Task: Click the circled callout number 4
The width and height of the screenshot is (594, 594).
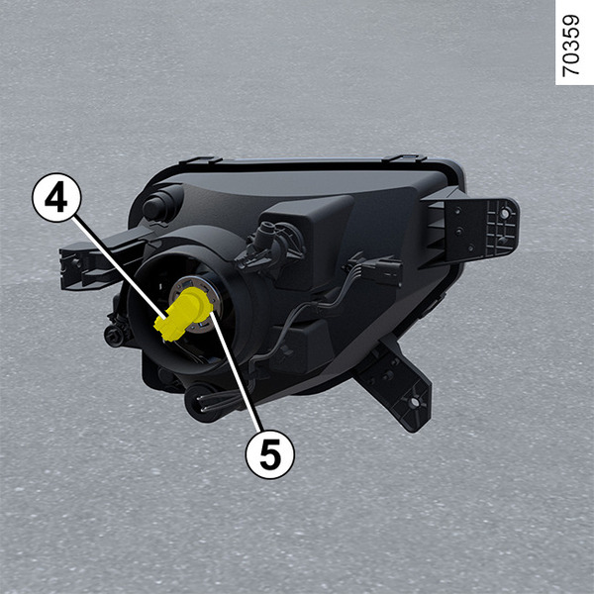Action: click(56, 197)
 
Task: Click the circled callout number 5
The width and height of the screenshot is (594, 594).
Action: click(269, 454)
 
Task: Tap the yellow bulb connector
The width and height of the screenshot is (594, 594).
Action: click(182, 313)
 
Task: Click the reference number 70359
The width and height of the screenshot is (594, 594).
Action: click(570, 46)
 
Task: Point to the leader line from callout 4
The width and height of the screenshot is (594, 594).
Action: click(121, 267)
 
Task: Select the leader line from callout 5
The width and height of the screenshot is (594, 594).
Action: click(236, 371)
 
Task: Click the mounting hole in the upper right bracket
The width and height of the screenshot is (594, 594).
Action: click(505, 213)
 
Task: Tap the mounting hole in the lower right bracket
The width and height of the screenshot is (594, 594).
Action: click(415, 402)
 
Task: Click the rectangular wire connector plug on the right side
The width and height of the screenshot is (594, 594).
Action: click(381, 269)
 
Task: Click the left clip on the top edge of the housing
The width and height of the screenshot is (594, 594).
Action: click(200, 159)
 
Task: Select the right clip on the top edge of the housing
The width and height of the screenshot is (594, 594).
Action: click(404, 157)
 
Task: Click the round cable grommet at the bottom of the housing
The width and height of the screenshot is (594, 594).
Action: click(200, 403)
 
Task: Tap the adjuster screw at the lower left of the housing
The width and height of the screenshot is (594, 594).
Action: click(115, 336)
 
